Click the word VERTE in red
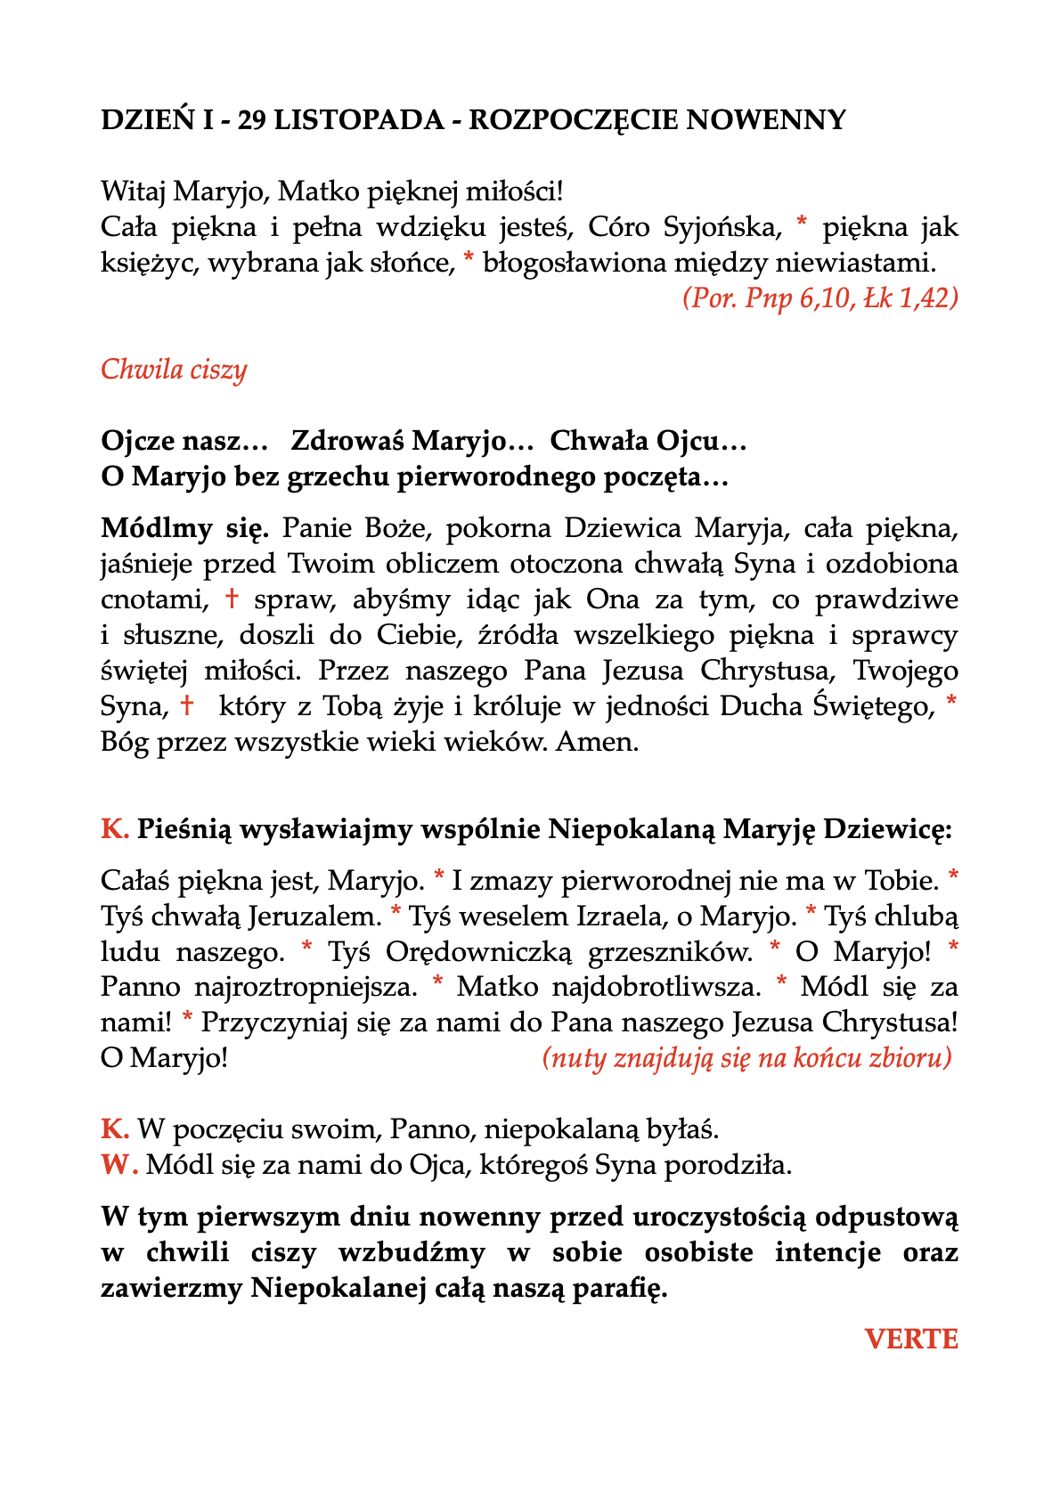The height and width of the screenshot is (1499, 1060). tap(911, 1339)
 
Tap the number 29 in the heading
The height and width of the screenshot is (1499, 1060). tap(251, 119)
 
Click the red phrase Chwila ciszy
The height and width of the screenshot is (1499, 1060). tap(174, 369)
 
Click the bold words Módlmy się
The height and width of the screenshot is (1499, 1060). tap(185, 528)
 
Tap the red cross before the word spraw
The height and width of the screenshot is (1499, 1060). tap(232, 599)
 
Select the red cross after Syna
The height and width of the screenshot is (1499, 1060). tap(187, 706)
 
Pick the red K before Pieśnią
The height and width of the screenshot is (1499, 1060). tap(115, 829)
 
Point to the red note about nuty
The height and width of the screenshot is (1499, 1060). tap(746, 1058)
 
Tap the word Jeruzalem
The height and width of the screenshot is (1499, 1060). tap(314, 916)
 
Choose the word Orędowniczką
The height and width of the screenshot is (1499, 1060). tap(478, 951)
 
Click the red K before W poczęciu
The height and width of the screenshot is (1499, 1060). tap(115, 1129)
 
